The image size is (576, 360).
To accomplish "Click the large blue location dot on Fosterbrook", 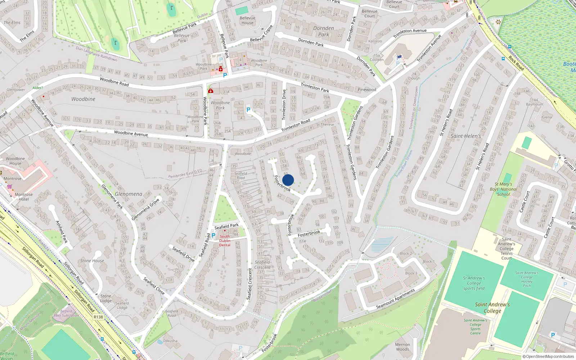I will pyautogui.click(x=288, y=180).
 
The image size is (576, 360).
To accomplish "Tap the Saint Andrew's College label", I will pyautogui.click(x=492, y=307).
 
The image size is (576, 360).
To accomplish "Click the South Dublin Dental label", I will pyautogui.click(x=225, y=241).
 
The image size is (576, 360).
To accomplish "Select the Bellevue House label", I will pyautogui.click(x=247, y=20).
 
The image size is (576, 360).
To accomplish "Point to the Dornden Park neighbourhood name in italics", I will pyautogui.click(x=324, y=31).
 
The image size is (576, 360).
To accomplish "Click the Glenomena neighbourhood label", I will pyautogui.click(x=129, y=194).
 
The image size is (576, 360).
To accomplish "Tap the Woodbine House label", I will pyautogui.click(x=15, y=161).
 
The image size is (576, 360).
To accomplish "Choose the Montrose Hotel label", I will pyautogui.click(x=24, y=197).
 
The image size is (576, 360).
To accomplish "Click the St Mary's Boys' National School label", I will pyautogui.click(x=503, y=189).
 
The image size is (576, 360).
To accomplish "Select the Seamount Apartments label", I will pyautogui.click(x=395, y=299).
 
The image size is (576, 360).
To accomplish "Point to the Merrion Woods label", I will pyautogui.click(x=402, y=347).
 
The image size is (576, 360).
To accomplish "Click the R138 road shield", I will pyautogui.click(x=98, y=317).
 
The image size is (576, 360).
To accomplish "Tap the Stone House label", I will pyautogui.click(x=92, y=261).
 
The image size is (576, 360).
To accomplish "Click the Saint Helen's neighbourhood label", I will pyautogui.click(x=465, y=136).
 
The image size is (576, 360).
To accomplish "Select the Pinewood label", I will pyautogui.click(x=367, y=90).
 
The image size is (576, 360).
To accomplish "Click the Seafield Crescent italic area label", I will pyautogui.click(x=262, y=265).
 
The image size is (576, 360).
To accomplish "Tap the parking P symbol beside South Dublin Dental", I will pyautogui.click(x=213, y=235).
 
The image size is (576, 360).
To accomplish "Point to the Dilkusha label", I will pyautogui.click(x=170, y=341).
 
